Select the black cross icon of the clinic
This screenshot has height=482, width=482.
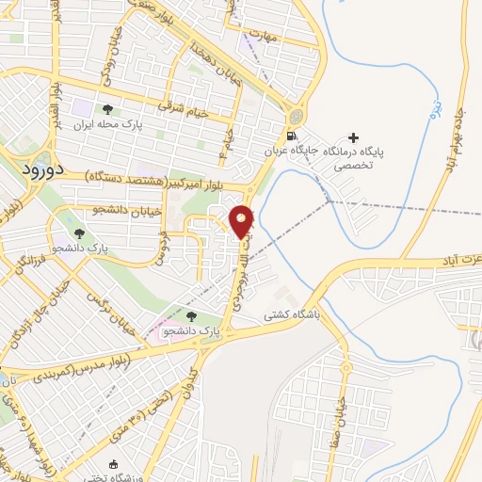coord(353,137)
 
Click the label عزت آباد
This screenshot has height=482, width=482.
coord(456,258)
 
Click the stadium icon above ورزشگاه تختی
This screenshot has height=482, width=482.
coord(115,465)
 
